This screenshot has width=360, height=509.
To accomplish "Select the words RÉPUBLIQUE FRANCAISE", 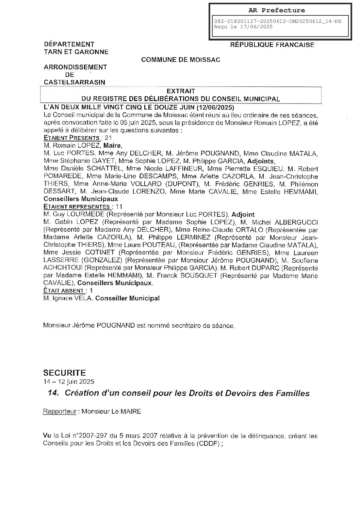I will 272,45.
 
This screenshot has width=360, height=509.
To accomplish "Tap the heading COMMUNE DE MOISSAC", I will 181,60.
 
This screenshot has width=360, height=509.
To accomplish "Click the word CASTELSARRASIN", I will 75,82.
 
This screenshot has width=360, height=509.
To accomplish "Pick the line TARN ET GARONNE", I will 76,52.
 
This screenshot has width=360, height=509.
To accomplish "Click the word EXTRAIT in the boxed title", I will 181,91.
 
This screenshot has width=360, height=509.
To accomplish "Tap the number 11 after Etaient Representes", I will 119,207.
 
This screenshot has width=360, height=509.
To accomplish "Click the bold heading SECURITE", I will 64,373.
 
